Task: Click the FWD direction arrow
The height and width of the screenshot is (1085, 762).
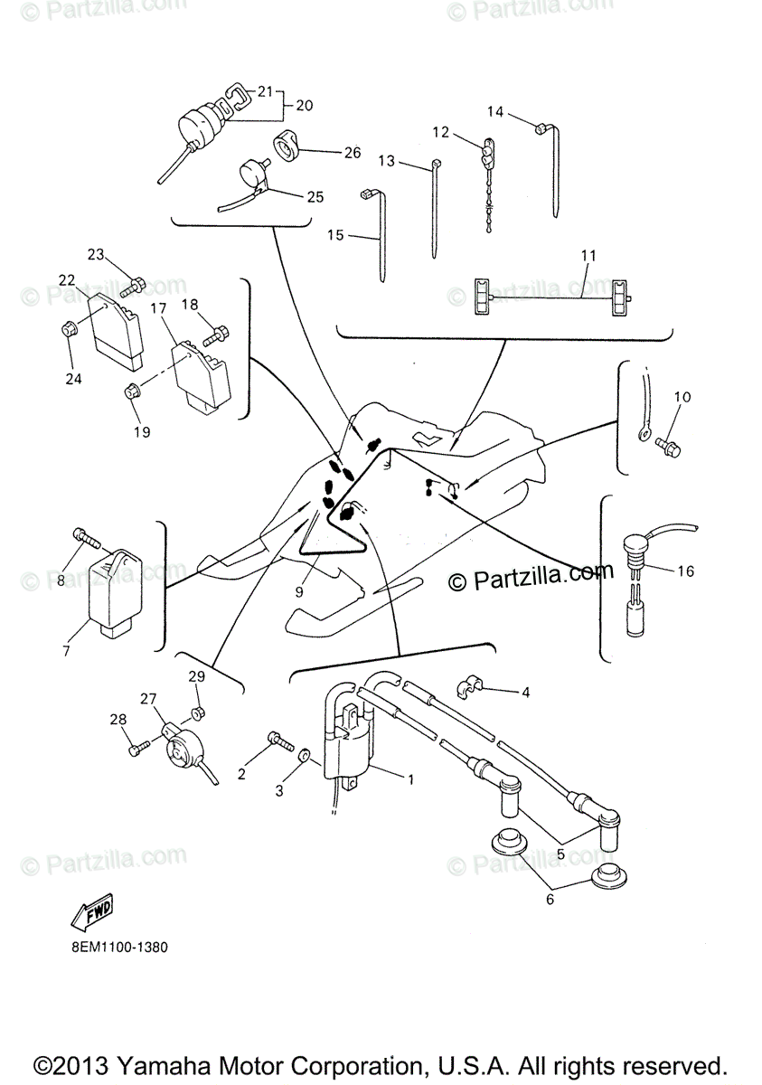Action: click(93, 912)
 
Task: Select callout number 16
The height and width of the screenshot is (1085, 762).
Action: click(685, 571)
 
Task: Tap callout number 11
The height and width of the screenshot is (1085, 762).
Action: click(588, 256)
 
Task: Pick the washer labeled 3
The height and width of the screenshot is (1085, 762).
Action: click(305, 753)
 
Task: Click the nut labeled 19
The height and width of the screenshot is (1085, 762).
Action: click(130, 392)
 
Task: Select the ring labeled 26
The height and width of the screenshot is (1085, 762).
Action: click(287, 146)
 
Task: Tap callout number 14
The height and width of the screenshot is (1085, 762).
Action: click(495, 112)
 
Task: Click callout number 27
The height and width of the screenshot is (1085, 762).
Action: click(147, 698)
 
